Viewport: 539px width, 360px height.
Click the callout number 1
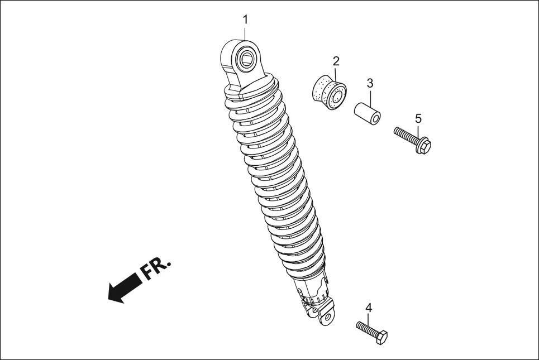(245, 20)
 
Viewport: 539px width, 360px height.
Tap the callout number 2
(336, 60)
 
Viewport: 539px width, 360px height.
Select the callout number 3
(370, 83)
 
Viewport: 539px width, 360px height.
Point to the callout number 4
(369, 308)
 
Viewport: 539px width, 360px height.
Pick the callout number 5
(418, 118)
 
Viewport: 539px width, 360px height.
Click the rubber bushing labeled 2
(328, 93)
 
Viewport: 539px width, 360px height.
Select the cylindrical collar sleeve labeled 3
(366, 113)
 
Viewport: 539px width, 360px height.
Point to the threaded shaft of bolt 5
(404, 135)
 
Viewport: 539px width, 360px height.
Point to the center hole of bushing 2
(337, 99)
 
